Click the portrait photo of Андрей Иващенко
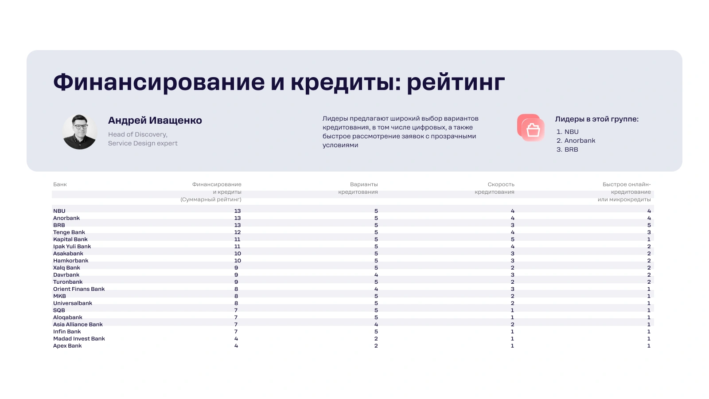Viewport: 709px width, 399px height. pyautogui.click(x=80, y=132)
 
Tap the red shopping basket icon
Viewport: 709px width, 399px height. pyautogui.click(x=531, y=128)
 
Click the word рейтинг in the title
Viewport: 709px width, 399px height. pyautogui.click(x=456, y=82)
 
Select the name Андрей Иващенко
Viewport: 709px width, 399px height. pyautogui.click(x=155, y=120)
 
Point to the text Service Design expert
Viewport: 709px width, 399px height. pyautogui.click(x=143, y=143)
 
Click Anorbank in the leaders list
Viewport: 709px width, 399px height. pyautogui.click(x=580, y=141)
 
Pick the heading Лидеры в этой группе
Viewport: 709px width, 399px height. pyautogui.click(x=596, y=119)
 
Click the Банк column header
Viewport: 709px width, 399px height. pyautogui.click(x=60, y=184)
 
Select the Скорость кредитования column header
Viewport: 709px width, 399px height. pyautogui.click(x=495, y=188)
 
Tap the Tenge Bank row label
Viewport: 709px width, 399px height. pyautogui.click(x=69, y=232)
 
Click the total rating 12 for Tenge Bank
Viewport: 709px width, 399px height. pyautogui.click(x=238, y=232)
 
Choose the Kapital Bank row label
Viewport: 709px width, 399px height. pyautogui.click(x=70, y=239)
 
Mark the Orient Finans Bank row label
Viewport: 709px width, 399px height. pyautogui.click(x=79, y=289)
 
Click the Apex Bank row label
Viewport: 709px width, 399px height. pyautogui.click(x=67, y=346)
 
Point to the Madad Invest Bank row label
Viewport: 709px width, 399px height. pyautogui.click(x=79, y=339)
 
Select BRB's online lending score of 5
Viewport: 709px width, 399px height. pyautogui.click(x=649, y=225)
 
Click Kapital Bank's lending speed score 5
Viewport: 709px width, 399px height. pyautogui.click(x=512, y=239)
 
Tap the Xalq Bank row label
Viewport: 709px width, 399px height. pyautogui.click(x=66, y=268)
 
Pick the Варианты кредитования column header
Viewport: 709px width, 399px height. pyautogui.click(x=358, y=188)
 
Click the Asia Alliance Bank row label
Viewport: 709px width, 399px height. pyautogui.click(x=78, y=324)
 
